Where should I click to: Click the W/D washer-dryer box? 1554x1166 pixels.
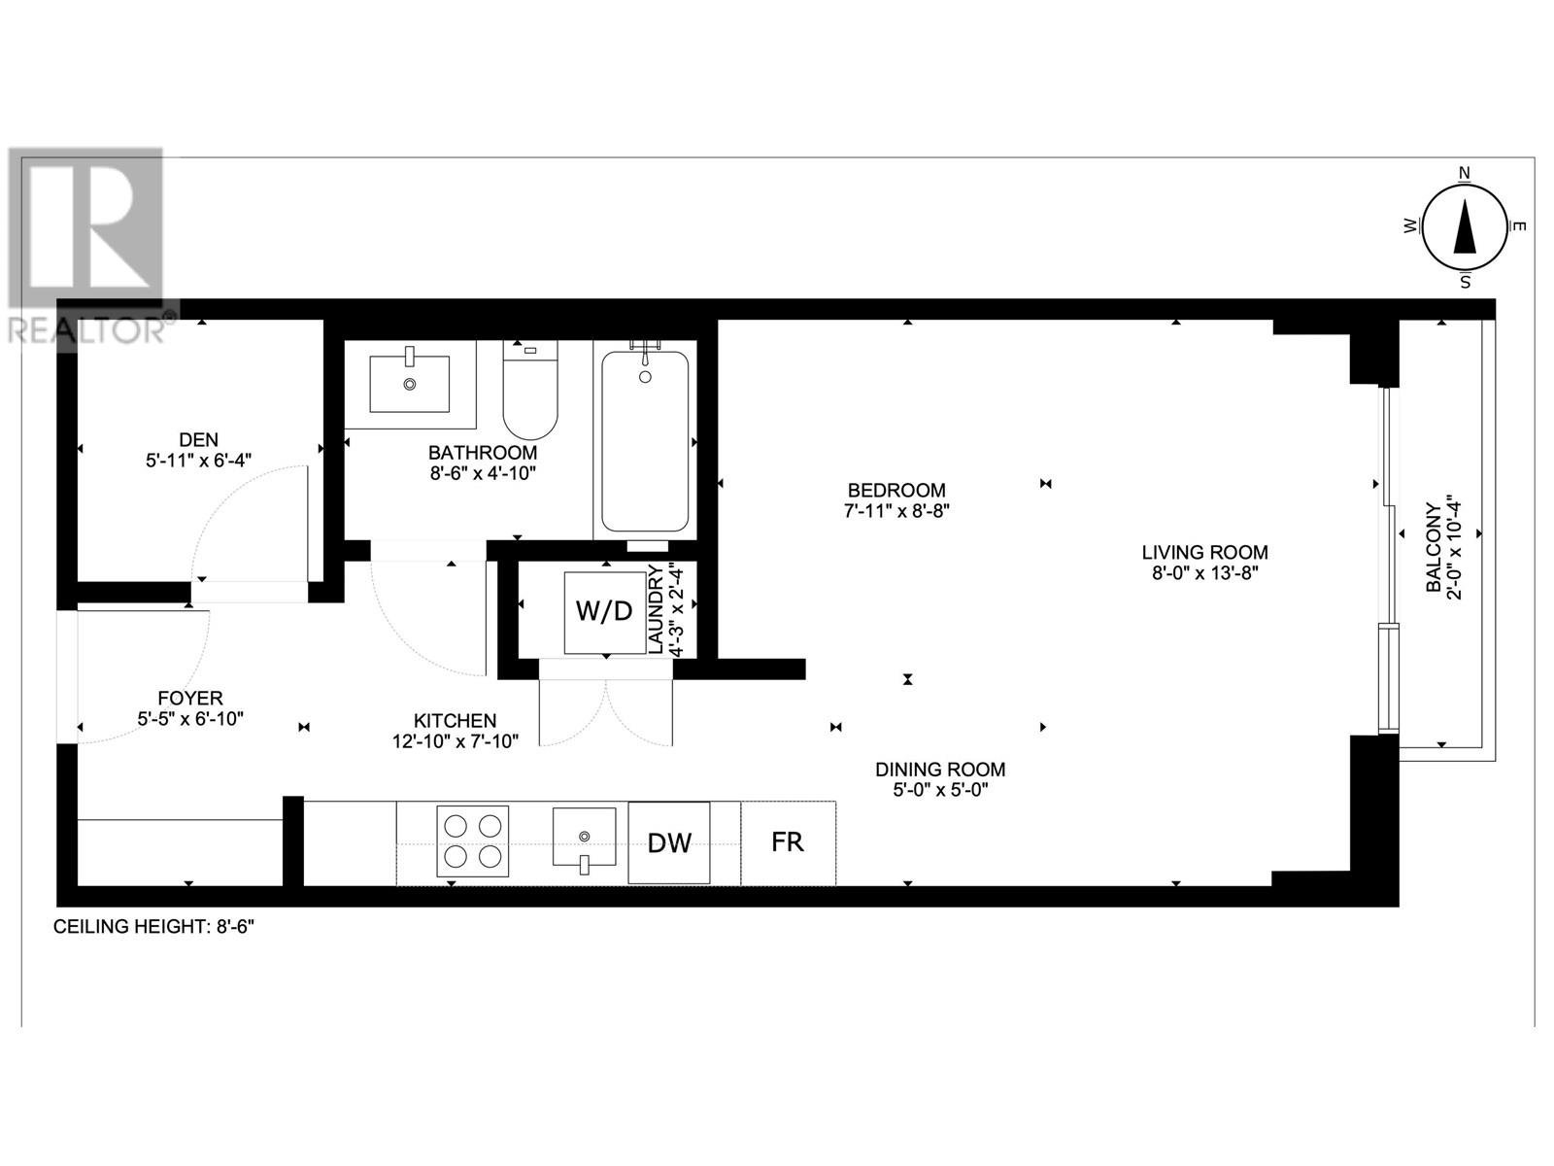tap(604, 612)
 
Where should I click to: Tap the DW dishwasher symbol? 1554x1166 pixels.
tap(669, 842)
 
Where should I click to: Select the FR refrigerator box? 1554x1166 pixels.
tap(788, 841)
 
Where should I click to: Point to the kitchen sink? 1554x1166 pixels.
tap(584, 837)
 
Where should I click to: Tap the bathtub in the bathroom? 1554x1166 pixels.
tap(645, 442)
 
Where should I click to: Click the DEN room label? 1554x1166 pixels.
tap(198, 439)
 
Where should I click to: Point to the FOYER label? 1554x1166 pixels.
tap(190, 698)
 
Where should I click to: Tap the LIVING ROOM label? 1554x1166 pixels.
tap(1204, 552)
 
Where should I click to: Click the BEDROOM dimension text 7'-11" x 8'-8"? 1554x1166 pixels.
tap(895, 511)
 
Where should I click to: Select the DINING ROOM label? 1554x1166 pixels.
tap(939, 769)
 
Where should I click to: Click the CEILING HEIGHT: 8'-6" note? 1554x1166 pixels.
tap(153, 926)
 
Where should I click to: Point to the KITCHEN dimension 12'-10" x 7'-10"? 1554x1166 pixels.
tap(454, 741)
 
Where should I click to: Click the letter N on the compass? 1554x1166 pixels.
tap(1465, 174)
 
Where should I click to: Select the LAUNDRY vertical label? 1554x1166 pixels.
tap(655, 608)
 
